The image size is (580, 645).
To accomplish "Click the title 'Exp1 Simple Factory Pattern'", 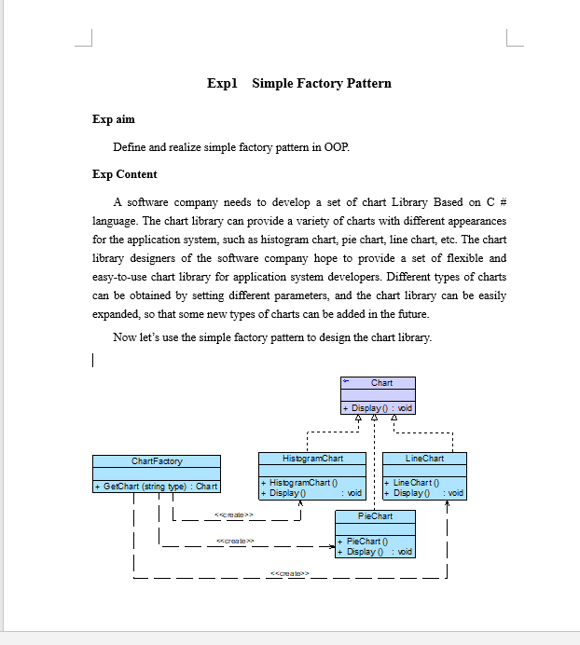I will point(298,84).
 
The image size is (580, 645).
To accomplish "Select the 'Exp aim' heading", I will point(114,119).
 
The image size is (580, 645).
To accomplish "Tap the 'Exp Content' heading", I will point(125,174).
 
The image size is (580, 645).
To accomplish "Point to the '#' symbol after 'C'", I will point(503,202).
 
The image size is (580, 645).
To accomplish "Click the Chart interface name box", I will point(381,383).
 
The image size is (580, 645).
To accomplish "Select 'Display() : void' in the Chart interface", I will point(378,408).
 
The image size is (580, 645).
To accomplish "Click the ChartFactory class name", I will point(157,461).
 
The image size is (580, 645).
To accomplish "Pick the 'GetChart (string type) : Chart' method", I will point(157,487).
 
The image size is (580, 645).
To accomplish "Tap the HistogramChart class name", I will point(312,459).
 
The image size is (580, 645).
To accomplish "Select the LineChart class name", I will point(424,459).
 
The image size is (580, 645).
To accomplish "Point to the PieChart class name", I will point(375,515).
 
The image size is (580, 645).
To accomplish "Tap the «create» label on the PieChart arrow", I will point(231,541).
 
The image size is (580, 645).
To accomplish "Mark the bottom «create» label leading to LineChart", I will point(289,573).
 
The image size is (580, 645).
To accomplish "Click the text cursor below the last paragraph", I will point(93,361).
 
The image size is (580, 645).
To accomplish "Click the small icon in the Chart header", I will point(346,382).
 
